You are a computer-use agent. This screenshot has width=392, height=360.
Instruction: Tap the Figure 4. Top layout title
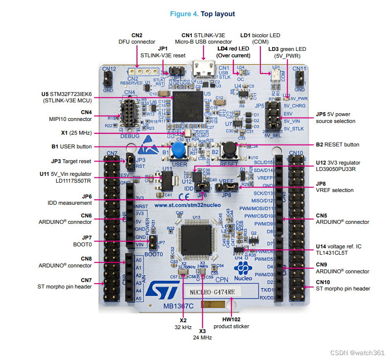point(202,14)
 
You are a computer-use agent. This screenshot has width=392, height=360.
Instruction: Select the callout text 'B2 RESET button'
point(337,144)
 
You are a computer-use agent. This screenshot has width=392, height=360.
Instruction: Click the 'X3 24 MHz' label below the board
point(202,334)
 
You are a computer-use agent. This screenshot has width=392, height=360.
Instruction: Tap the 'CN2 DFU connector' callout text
point(137,39)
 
